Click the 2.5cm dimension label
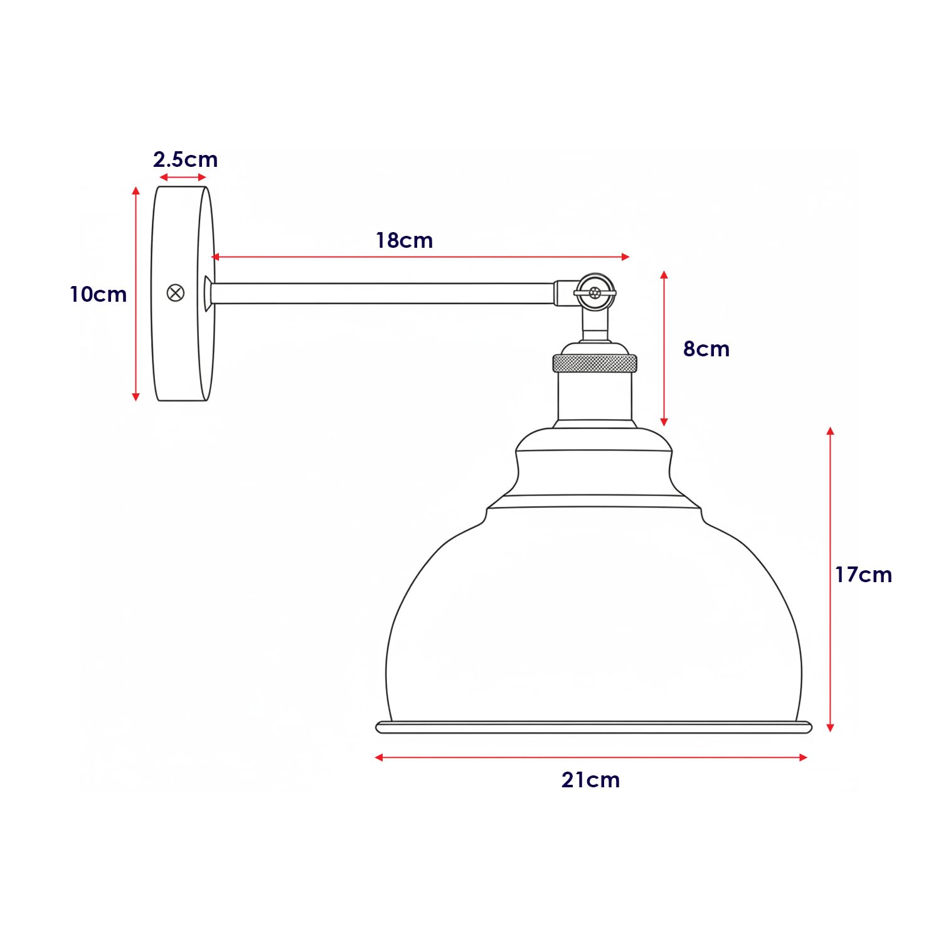(185, 159)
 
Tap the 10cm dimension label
(98, 294)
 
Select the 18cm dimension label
(404, 240)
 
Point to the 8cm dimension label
(706, 349)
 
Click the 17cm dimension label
(863, 575)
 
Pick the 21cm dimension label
(590, 780)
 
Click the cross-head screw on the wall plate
(176, 293)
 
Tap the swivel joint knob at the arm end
(595, 292)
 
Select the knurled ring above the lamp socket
(594, 363)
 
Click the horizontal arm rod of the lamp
(383, 294)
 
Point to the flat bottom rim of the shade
(593, 728)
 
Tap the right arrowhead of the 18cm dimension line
(625, 257)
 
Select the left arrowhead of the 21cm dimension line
(379, 758)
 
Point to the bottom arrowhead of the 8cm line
(664, 422)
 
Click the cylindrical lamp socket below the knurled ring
(594, 396)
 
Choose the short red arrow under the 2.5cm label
(183, 178)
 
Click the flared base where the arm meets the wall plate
(208, 294)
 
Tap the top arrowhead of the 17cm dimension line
(830, 431)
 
